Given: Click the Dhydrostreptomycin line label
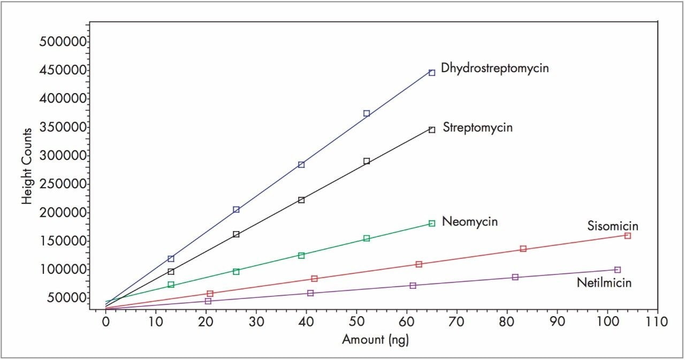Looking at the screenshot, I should [x=494, y=68].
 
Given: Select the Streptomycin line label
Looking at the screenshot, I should [x=477, y=128].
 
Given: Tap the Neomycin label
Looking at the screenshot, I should [x=470, y=221].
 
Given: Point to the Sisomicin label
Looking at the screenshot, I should [x=613, y=226].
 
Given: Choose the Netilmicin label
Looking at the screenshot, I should [x=604, y=282].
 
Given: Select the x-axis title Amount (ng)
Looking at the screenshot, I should [x=376, y=340].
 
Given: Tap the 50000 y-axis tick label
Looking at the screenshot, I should [x=63, y=298].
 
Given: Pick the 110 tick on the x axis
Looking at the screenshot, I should [x=657, y=323].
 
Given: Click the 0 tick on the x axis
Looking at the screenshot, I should [x=106, y=323].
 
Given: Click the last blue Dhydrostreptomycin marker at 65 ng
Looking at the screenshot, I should [x=432, y=73].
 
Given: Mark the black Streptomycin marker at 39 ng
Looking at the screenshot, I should [x=301, y=200].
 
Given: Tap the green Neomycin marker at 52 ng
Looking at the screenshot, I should [x=367, y=239].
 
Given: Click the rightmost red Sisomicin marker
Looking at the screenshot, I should [x=628, y=236].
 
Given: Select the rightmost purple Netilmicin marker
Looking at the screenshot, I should [x=618, y=270].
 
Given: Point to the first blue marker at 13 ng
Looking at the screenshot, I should [x=171, y=259].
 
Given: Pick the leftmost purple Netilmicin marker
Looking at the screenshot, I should [x=208, y=301].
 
